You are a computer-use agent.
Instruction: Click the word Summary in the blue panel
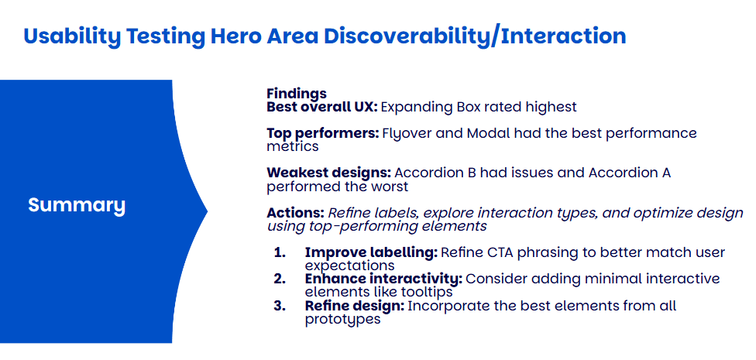[77, 206]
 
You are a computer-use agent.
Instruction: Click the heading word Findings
[297, 94]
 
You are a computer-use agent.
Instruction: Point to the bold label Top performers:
[323, 133]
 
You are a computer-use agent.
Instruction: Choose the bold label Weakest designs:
[330, 173]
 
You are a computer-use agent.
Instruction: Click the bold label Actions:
[296, 213]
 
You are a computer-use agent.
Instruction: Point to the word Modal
[485, 133]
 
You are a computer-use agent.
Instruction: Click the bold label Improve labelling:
[371, 252]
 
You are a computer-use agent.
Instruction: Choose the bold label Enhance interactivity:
[383, 279]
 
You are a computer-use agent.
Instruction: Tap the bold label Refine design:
[356, 306]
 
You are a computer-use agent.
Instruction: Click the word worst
[390, 187]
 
